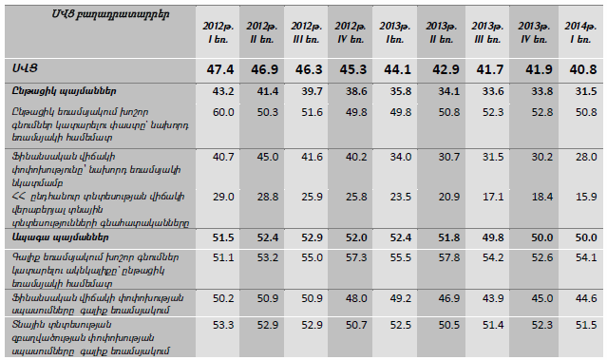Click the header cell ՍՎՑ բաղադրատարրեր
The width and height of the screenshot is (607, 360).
(x=110, y=14)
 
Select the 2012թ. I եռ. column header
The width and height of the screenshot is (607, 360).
(x=218, y=32)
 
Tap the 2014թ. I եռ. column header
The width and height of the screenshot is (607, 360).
(x=579, y=32)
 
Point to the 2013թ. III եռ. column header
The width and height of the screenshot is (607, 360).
(x=487, y=32)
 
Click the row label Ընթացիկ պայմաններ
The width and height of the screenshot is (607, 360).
(x=64, y=91)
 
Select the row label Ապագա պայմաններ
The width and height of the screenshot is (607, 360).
(x=60, y=237)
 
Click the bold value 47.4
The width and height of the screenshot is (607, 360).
(x=219, y=69)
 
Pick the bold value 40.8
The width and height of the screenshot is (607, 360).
(x=582, y=69)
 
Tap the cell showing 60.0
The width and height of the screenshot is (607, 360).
(x=223, y=112)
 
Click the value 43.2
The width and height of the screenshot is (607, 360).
(x=223, y=91)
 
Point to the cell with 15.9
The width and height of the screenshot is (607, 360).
(x=586, y=197)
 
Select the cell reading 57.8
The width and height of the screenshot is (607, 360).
(x=449, y=257)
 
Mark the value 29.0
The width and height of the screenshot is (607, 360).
(x=223, y=197)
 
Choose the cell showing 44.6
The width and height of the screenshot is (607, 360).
(x=586, y=298)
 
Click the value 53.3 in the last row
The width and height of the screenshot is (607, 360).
(x=223, y=325)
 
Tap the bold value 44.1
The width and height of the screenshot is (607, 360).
(x=397, y=69)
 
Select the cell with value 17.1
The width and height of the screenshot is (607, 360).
(x=493, y=197)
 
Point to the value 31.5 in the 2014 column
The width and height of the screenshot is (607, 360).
(x=586, y=91)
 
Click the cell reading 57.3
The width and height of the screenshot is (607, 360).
(x=356, y=257)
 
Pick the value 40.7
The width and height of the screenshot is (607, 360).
(x=223, y=157)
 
